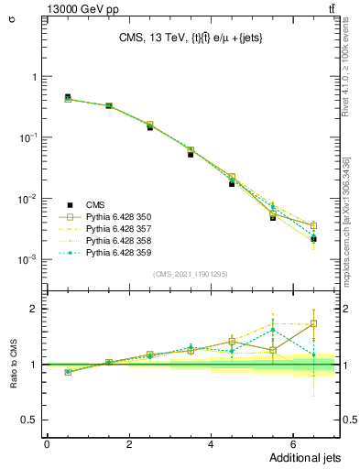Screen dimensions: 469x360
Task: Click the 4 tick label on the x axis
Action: pyautogui.click(x=211, y=445)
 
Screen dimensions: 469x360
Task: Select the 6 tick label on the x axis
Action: pyautogui.click(x=292, y=445)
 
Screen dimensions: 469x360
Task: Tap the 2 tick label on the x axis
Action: pyautogui.click(x=129, y=445)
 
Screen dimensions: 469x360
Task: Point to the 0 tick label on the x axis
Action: pyautogui.click(x=47, y=445)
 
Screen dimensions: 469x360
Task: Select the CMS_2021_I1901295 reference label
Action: pyautogui.click(x=191, y=273)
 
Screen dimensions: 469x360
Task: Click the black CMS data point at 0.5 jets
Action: pyautogui.click(x=68, y=96)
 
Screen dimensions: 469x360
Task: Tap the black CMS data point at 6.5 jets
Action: pyautogui.click(x=313, y=239)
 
